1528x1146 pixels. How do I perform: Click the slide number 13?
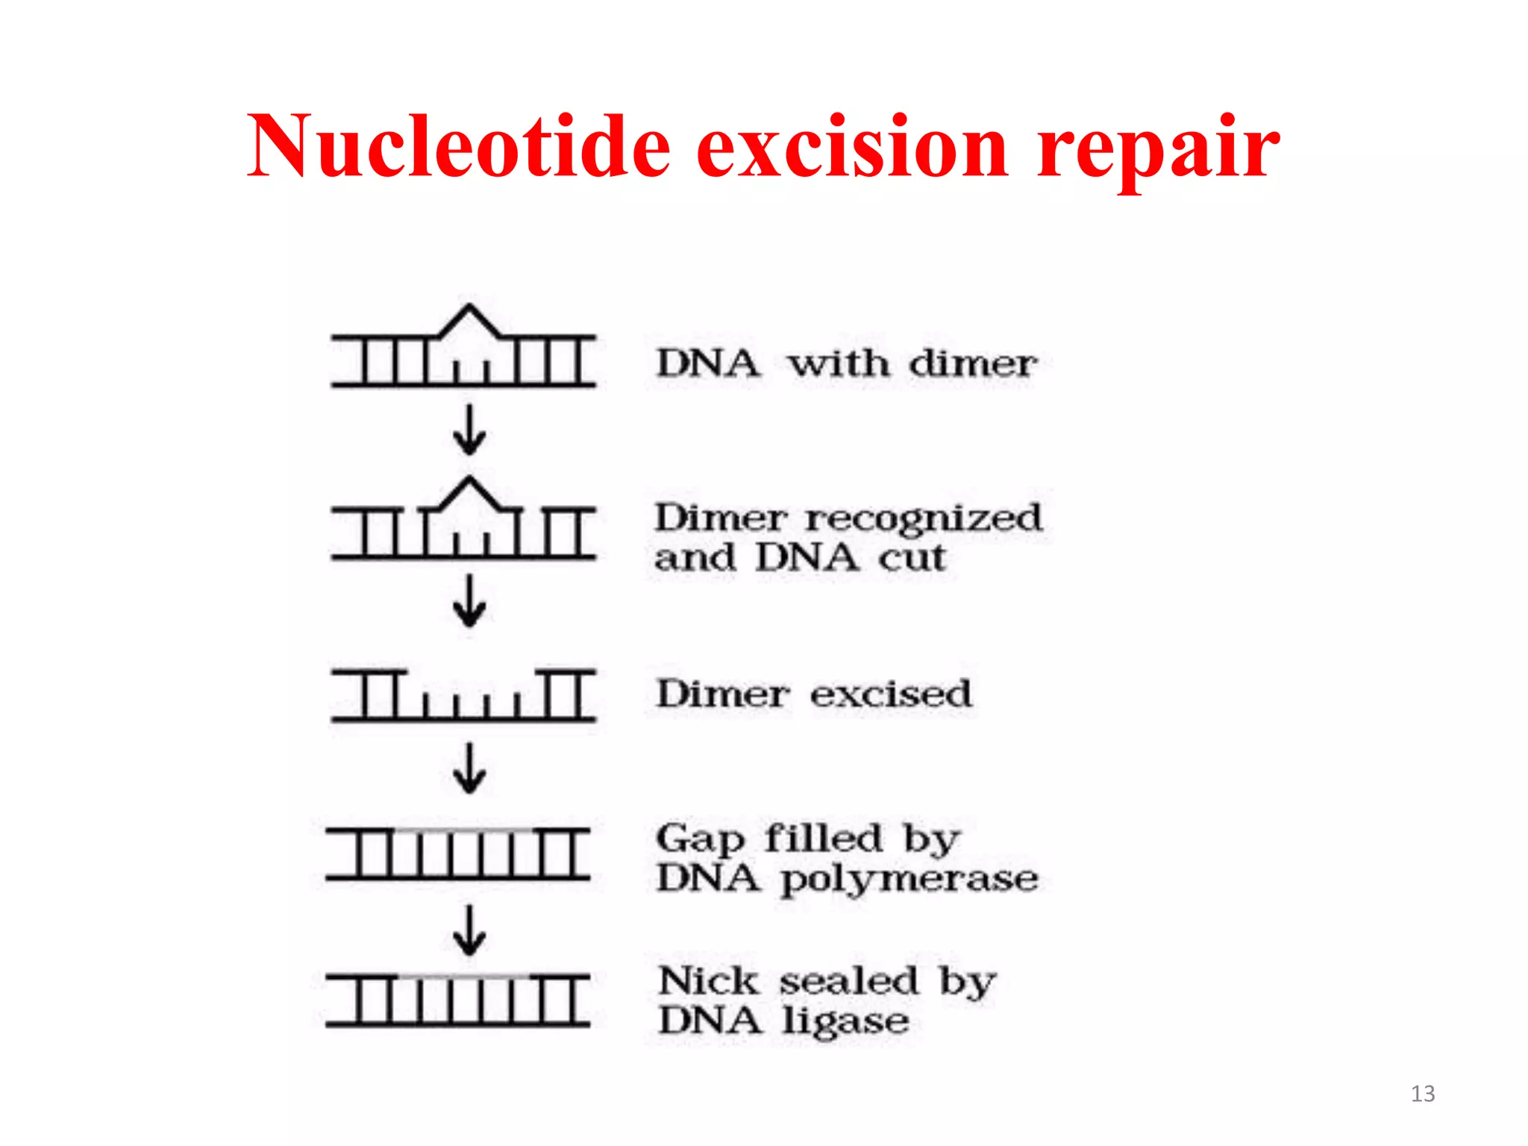tap(1422, 1094)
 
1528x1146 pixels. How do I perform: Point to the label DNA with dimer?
tap(846, 364)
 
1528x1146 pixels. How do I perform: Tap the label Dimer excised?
tap(813, 694)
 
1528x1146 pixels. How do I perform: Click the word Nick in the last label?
tap(708, 981)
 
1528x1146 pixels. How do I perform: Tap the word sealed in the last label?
tap(848, 981)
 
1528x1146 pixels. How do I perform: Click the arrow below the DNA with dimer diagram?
tap(469, 430)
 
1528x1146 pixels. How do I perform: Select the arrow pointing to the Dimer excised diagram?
tap(469, 601)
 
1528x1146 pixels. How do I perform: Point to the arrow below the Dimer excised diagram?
tap(469, 768)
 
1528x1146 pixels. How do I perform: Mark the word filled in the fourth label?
tap(823, 839)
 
